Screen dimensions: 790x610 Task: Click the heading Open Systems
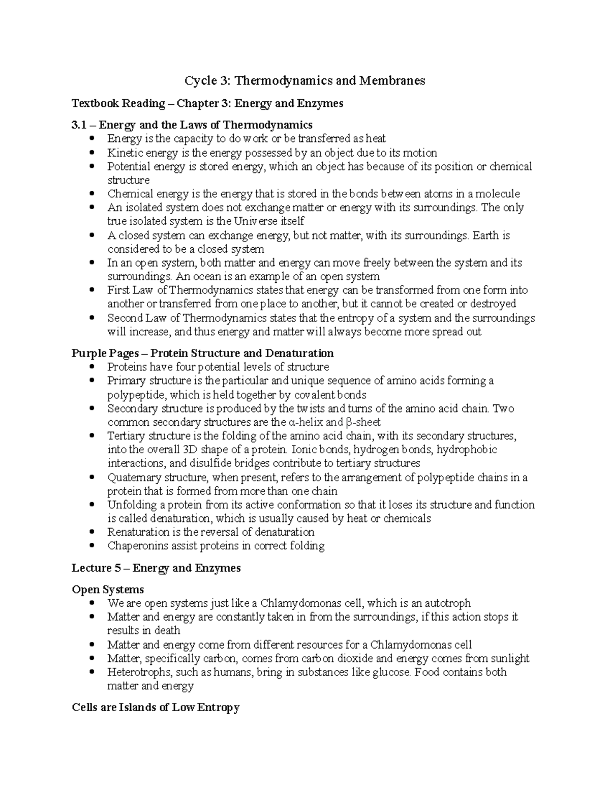(x=108, y=590)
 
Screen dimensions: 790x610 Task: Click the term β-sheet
(x=363, y=422)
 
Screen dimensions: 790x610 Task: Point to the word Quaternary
(x=132, y=478)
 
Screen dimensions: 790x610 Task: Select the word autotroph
(x=448, y=603)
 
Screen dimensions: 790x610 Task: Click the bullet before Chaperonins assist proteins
(x=91, y=546)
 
